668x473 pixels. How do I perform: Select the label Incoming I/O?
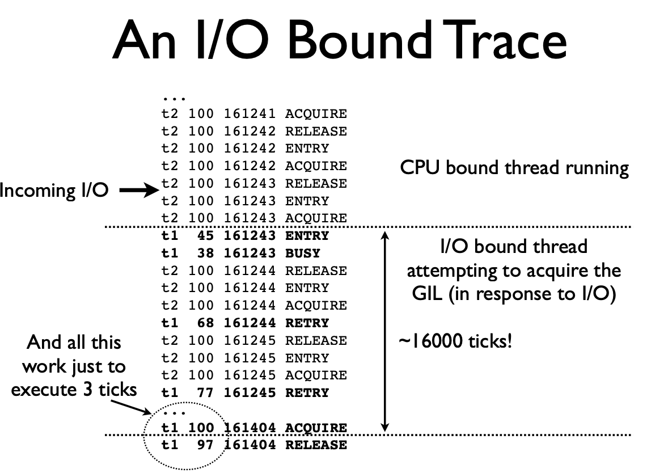coord(54,191)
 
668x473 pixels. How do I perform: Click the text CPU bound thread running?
coord(514,168)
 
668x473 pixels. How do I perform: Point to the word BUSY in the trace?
coord(303,254)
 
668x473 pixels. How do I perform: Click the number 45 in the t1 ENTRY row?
coord(205,236)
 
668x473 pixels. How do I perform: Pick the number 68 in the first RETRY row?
coord(205,323)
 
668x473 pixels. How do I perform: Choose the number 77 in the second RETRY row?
coord(205,392)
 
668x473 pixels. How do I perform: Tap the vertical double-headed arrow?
coord(386,332)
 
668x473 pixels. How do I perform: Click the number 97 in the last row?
coord(205,445)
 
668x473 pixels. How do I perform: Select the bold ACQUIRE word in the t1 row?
coord(316,428)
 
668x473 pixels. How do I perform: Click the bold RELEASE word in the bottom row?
coord(316,445)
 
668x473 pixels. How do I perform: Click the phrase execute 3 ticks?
coord(74,390)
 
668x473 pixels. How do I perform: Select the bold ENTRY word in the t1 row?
coord(307,236)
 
